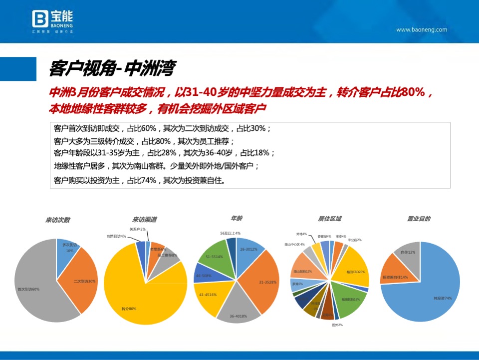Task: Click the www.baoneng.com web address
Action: point(422,30)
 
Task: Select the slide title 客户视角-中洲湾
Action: point(112,67)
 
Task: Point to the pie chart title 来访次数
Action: point(58,220)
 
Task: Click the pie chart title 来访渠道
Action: point(145,220)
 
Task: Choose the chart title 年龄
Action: point(237,218)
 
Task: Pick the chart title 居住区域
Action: point(329,219)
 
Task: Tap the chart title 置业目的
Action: point(419,219)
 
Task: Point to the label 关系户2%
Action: point(137,229)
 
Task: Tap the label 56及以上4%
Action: point(230,233)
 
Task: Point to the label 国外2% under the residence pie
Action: point(337,325)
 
